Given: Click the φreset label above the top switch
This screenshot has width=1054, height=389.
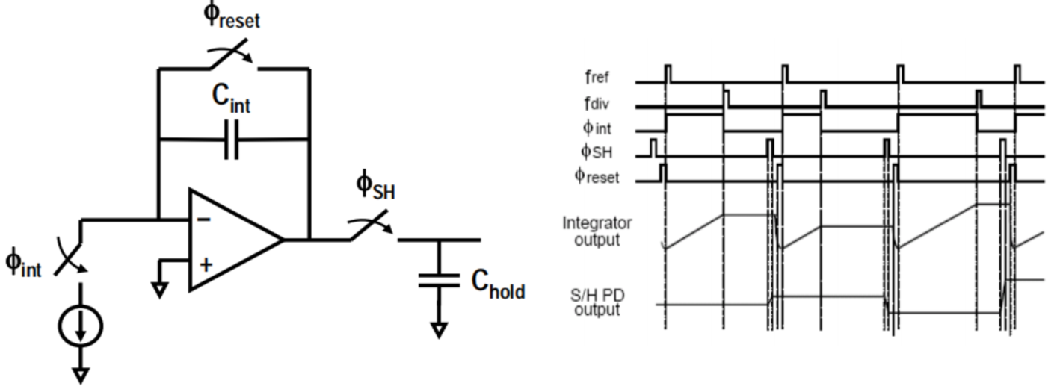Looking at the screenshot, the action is tap(232, 15).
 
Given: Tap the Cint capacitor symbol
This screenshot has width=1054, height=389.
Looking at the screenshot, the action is tap(231, 140).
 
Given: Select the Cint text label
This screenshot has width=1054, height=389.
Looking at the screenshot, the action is tap(231, 99).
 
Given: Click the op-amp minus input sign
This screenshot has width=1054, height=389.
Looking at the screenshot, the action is tap(204, 220).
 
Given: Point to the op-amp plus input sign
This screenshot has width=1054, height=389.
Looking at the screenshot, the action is tap(206, 265).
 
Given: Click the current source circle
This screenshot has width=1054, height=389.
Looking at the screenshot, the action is tap(81, 326).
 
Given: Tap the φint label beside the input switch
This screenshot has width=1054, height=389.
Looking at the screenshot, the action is tap(23, 263).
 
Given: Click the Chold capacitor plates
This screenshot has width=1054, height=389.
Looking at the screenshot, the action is tap(439, 281).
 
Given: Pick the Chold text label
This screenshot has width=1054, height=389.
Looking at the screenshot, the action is tap(498, 284).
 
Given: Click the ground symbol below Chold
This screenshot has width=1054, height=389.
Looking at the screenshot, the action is tap(439, 330).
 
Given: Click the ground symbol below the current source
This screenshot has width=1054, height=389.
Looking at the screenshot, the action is tap(81, 376).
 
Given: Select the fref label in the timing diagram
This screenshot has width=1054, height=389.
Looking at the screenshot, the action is tap(597, 77).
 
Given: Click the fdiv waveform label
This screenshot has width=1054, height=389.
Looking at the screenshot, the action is tap(597, 103).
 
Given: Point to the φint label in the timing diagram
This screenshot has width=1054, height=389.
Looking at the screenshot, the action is tap(597, 128).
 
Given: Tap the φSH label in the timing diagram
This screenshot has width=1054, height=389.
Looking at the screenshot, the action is tap(597, 152).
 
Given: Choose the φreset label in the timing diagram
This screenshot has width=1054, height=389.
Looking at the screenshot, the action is tap(597, 176).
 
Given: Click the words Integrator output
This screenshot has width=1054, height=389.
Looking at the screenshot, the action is tap(597, 231).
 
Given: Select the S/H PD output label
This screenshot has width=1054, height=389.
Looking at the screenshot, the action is tap(597, 302).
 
